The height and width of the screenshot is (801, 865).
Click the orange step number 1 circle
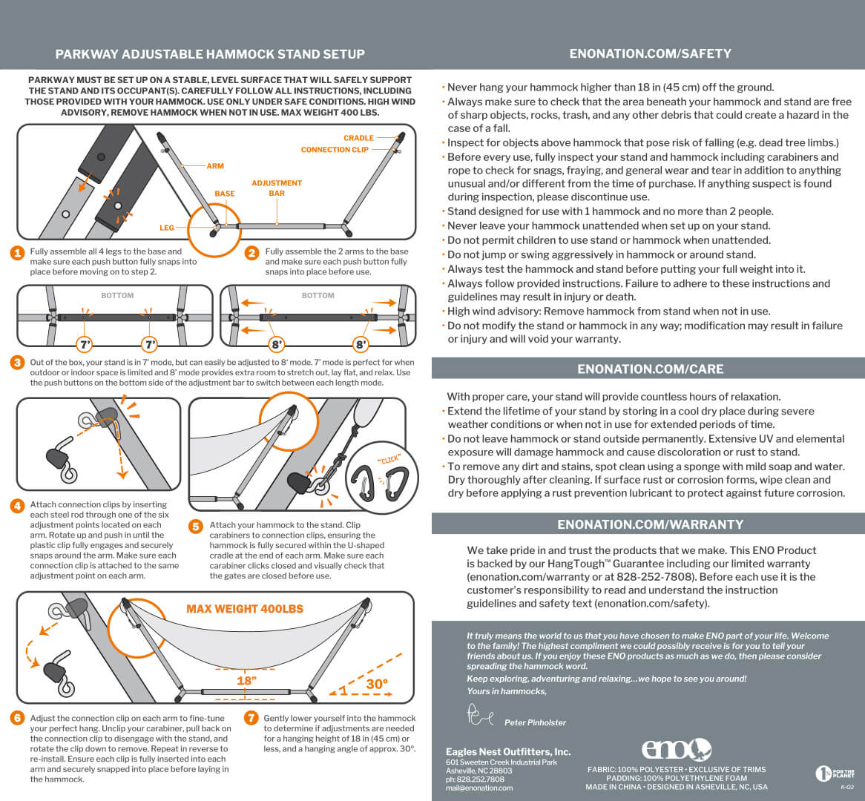click(x=17, y=253)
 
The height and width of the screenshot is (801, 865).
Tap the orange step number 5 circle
click(x=196, y=527)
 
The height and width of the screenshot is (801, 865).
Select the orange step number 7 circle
click(x=251, y=718)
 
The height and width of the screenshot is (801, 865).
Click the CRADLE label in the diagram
click(x=358, y=138)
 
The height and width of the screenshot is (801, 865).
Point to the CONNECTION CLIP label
click(x=335, y=150)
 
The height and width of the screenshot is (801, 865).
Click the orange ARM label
click(x=215, y=165)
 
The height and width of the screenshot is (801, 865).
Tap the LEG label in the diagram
click(x=167, y=227)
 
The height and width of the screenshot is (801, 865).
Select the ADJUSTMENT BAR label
click(x=277, y=188)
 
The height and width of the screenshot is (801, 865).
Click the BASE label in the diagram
click(x=225, y=194)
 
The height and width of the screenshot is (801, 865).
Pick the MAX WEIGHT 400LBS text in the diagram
click(x=245, y=609)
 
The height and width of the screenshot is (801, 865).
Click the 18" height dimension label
click(x=246, y=681)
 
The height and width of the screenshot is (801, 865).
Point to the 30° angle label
click(x=377, y=684)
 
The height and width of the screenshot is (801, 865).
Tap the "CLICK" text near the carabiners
click(x=389, y=460)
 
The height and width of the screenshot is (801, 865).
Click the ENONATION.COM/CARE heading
click(x=651, y=369)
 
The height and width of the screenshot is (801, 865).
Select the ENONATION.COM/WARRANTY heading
click(x=651, y=524)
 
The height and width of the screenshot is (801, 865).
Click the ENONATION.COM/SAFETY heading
click(x=651, y=53)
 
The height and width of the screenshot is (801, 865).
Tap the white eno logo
click(x=677, y=750)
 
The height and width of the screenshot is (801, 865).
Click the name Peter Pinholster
click(x=535, y=722)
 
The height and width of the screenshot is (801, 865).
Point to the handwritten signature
click(x=480, y=715)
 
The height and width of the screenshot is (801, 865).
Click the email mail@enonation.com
click(x=479, y=788)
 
